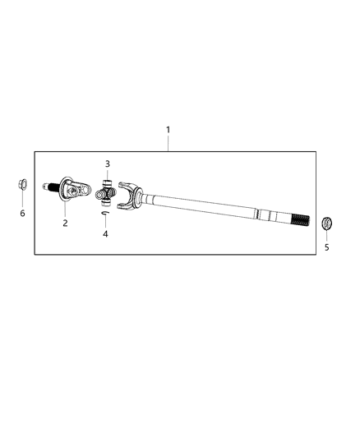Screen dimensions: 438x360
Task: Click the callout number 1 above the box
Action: pos(168,130)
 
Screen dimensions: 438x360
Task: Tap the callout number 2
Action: pos(65,223)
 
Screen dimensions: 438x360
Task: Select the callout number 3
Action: pos(107,164)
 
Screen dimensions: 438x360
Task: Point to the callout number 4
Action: pos(106,234)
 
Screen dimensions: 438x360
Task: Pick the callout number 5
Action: pos(326,247)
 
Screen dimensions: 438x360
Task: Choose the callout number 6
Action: pos(22,214)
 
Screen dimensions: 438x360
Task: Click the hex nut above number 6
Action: pos(22,184)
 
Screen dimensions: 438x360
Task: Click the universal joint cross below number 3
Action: pos(106,196)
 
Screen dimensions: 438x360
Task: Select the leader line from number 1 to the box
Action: pos(168,143)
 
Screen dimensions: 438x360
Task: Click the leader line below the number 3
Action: pos(107,173)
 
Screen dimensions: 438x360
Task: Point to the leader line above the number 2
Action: pos(65,212)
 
